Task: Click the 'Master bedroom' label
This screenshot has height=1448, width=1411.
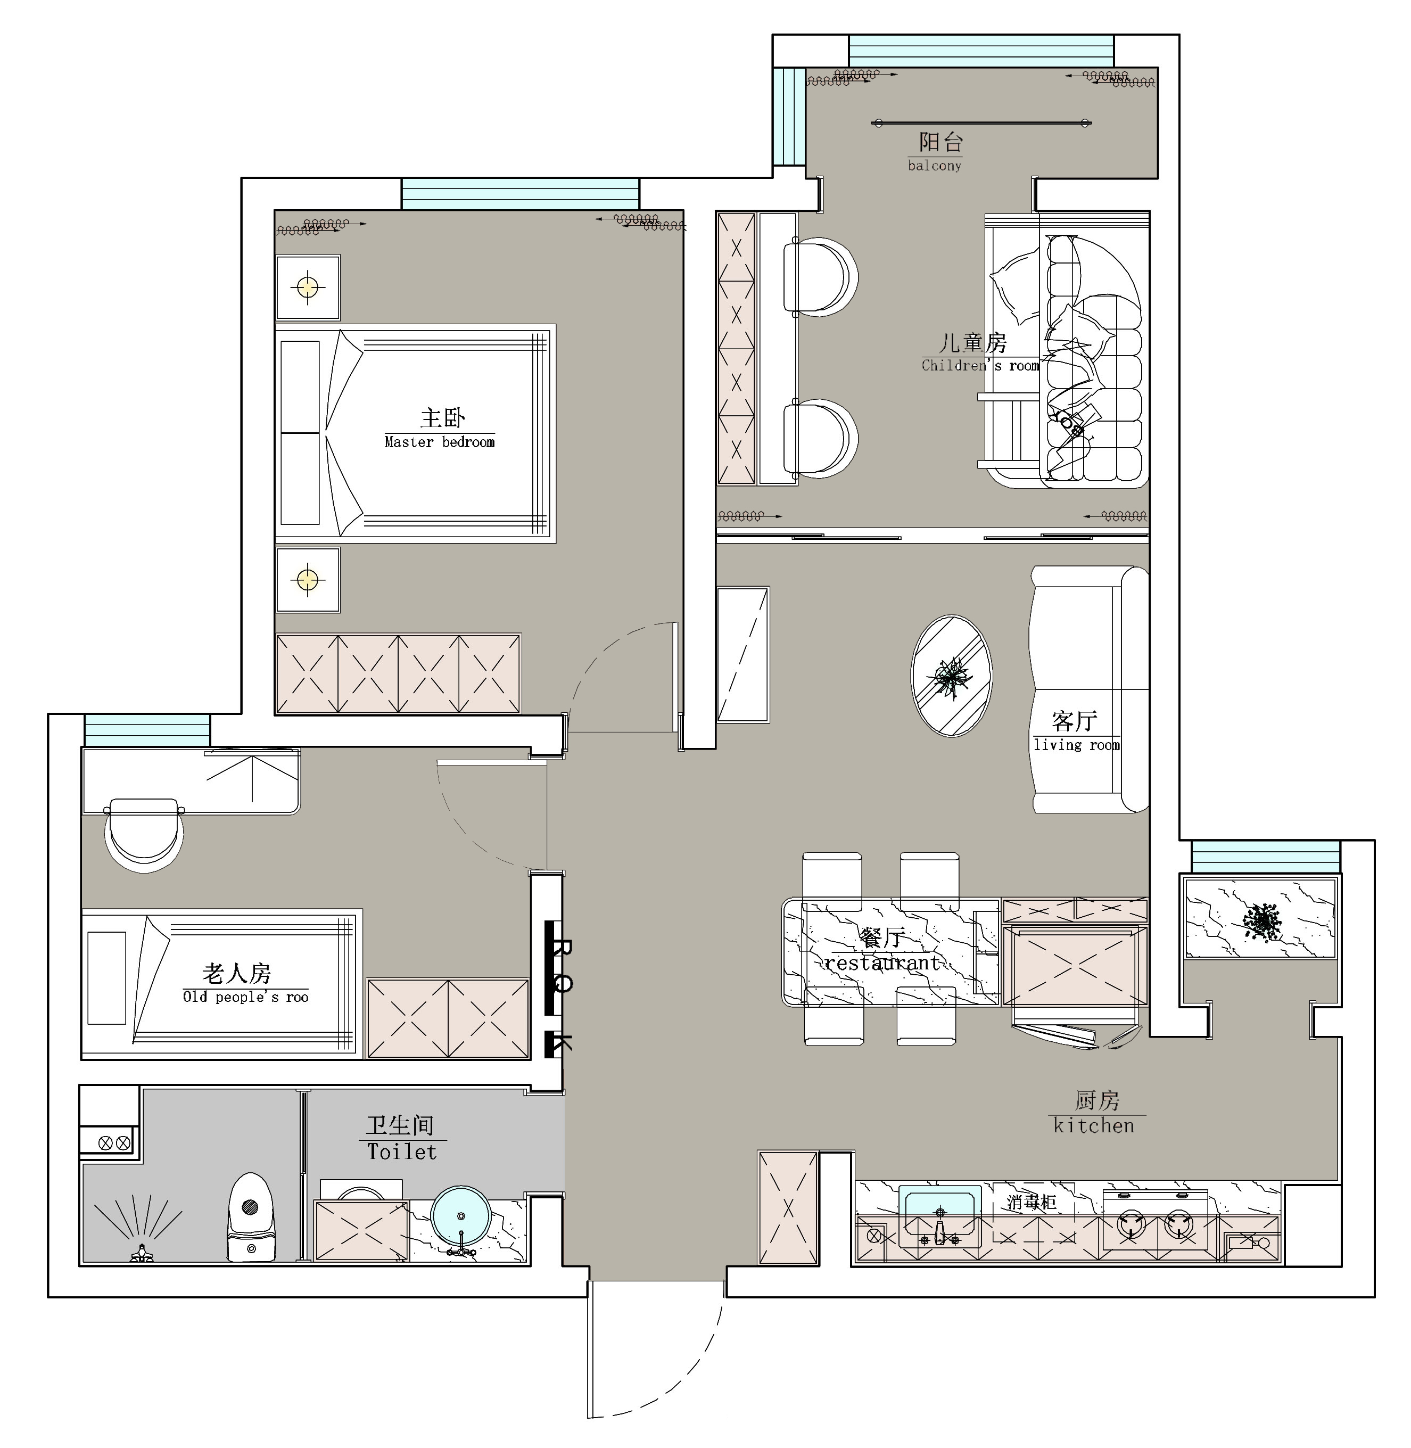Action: point(440,442)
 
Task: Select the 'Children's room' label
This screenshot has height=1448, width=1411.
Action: point(980,365)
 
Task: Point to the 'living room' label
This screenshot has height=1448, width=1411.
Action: point(1077,745)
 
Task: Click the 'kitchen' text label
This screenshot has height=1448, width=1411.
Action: point(1094,1125)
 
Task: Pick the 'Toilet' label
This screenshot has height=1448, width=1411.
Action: point(402,1151)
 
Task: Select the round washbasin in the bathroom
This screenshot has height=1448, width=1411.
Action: point(461,1216)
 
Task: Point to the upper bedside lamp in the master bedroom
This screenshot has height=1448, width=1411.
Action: point(308,287)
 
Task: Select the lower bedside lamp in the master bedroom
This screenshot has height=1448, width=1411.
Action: point(308,579)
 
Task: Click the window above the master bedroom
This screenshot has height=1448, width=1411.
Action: point(520,194)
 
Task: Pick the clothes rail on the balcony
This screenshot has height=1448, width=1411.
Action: point(981,123)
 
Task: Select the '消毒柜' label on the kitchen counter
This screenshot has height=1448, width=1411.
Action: point(1031,1202)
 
